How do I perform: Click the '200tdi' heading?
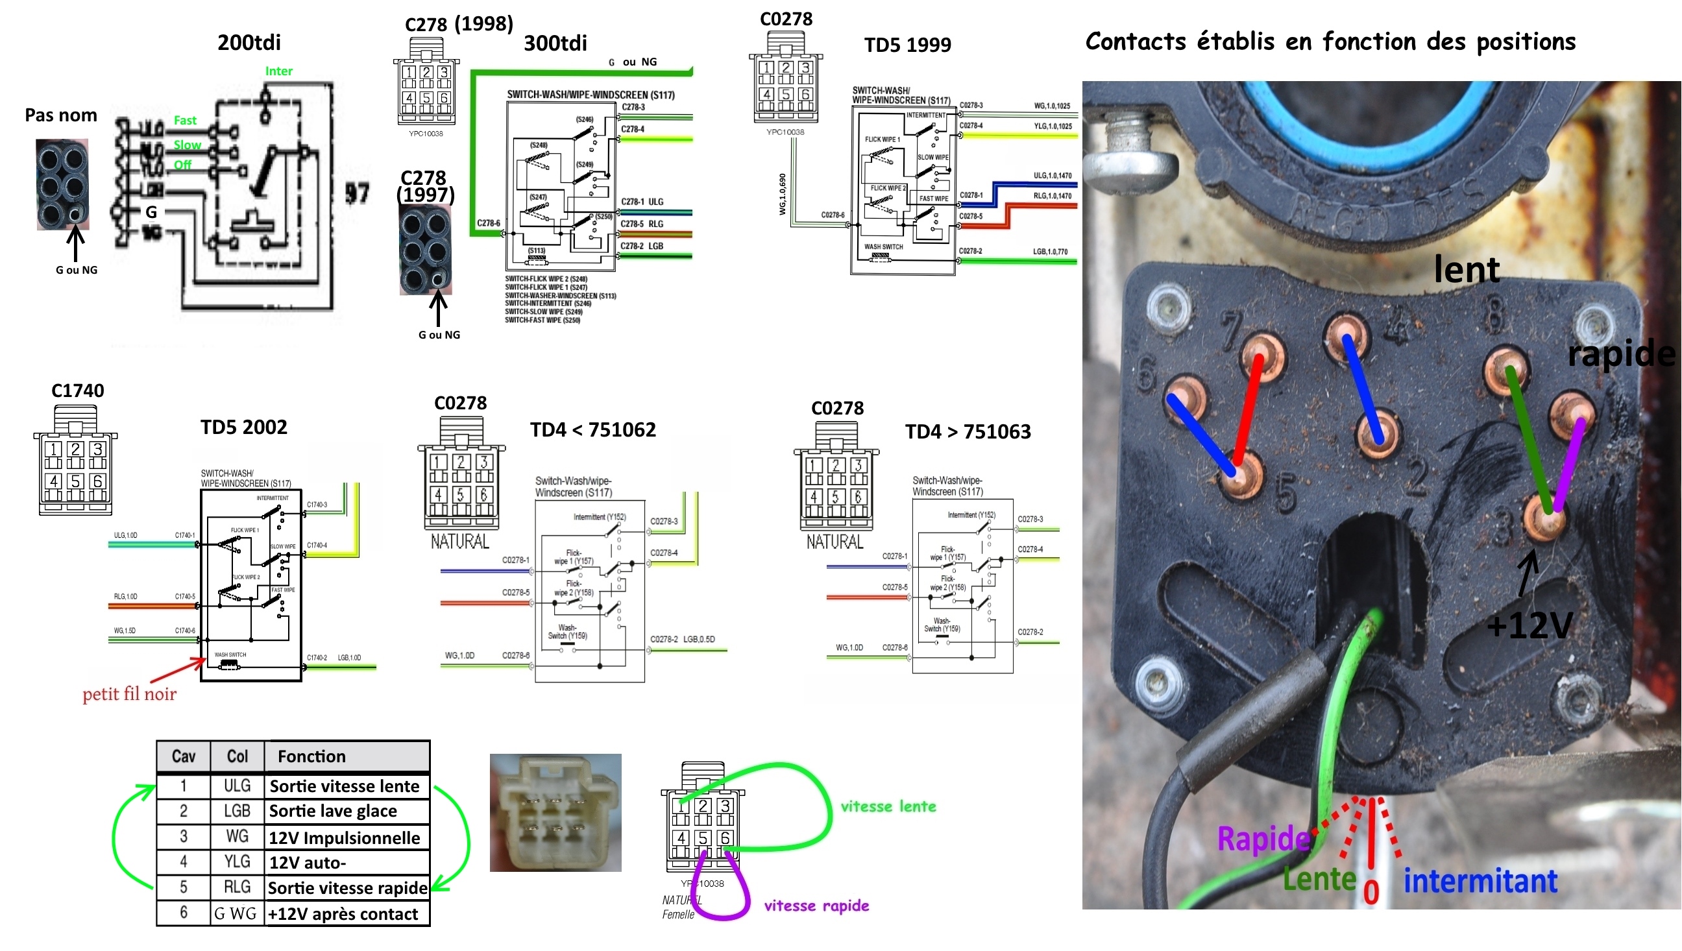coord(249,43)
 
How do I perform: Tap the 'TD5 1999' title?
coord(907,45)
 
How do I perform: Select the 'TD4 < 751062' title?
coord(592,430)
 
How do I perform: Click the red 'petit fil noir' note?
coord(129,693)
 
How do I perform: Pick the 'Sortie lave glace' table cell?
coord(333,812)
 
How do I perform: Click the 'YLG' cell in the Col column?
coord(237,862)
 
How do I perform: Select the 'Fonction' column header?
coord(311,756)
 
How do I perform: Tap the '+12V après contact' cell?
coord(343,914)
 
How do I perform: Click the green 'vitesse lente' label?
coord(888,806)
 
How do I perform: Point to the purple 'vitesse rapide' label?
coord(816,906)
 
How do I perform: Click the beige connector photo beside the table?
coord(555,813)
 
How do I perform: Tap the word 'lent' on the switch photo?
coord(1467,269)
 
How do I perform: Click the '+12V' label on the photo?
coord(1528,626)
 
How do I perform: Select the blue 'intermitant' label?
coord(1480,881)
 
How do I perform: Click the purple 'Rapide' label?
coord(1263,839)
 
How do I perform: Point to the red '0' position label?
coord(1371,893)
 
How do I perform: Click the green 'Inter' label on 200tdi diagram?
coord(278,71)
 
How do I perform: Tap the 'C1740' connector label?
coord(78,391)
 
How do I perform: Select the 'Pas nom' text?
coord(61,115)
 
